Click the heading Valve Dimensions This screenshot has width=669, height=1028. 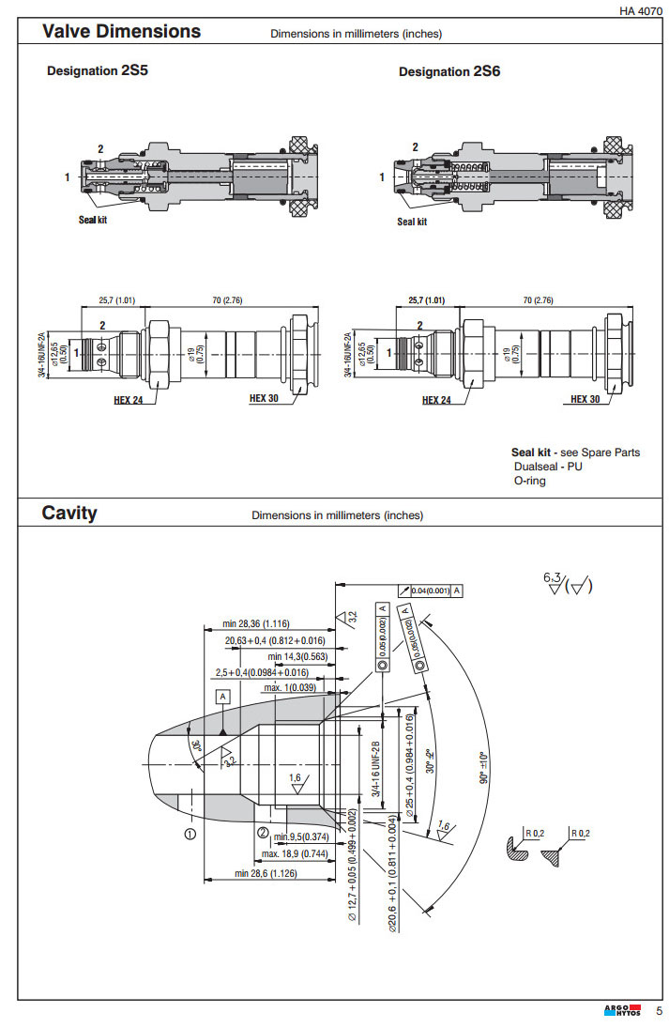(121, 31)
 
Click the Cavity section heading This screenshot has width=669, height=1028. (68, 513)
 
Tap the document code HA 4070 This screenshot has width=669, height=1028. (641, 11)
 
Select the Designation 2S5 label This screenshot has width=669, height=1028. (98, 70)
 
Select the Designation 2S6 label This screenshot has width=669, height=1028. (449, 71)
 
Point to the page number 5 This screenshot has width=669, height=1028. (658, 1011)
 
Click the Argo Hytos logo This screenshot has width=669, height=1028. (622, 1011)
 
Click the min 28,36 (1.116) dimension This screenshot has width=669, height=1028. (256, 623)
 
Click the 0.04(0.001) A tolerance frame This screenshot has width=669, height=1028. (431, 591)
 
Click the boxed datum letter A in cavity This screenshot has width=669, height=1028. (223, 697)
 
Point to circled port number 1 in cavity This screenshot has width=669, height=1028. (190, 832)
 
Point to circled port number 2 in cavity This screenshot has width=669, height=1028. (264, 832)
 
